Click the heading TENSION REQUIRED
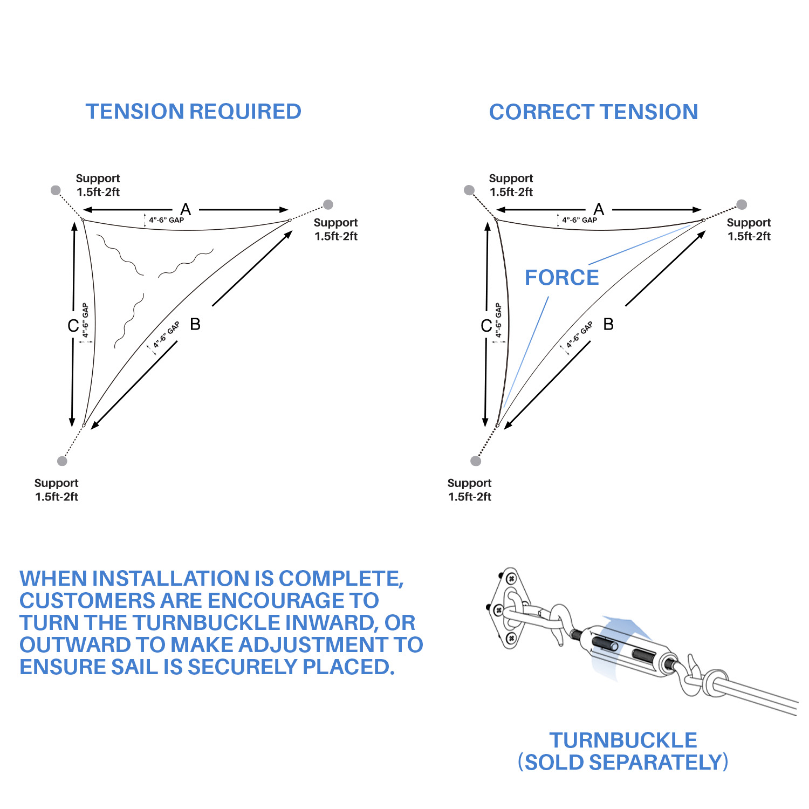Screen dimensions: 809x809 coord(193,112)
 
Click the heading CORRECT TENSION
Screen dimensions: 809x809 coord(593,112)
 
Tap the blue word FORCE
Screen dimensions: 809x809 coord(561,278)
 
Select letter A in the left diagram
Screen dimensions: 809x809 coord(186,209)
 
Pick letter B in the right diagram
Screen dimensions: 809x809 coord(608,324)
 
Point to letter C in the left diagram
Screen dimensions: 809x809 coord(73,326)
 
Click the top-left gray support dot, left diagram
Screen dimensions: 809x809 coord(56,190)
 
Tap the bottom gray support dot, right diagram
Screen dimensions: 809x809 coord(476,461)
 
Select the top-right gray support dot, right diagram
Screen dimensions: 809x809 coord(742,204)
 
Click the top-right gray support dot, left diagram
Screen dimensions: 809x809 coord(328,204)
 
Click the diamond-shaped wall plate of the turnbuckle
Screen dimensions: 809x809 coord(509,608)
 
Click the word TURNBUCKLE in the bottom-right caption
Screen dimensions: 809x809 coord(623,740)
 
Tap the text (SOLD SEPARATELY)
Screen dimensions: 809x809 coord(623,763)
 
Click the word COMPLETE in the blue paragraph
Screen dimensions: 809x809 coord(340,579)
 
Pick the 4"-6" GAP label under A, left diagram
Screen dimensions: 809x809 coord(167,220)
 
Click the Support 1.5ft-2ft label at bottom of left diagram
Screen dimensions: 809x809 coord(56,490)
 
